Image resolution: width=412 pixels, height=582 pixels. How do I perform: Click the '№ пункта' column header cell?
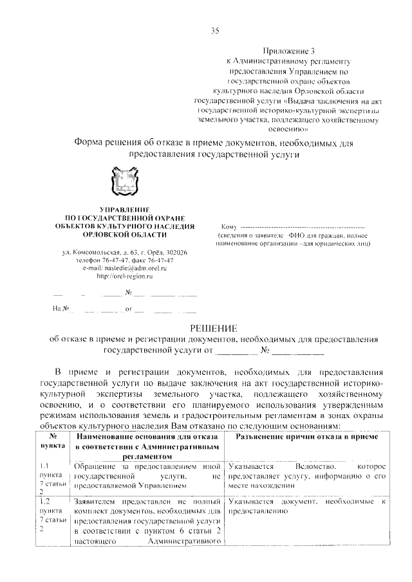tap(53, 441)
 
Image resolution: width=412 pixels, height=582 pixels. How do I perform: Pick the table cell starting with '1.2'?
tap(53, 514)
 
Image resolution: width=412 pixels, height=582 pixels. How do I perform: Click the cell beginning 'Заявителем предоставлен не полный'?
tap(148, 501)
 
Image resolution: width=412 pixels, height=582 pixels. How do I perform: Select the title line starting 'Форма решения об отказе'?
tap(213, 141)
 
